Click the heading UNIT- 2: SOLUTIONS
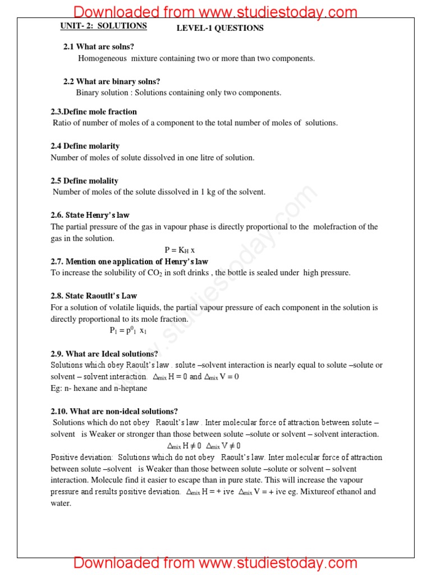tap(104, 26)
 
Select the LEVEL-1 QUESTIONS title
tap(220, 28)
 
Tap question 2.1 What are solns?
tap(98, 47)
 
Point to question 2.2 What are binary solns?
tap(111, 81)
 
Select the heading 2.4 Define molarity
tap(85, 146)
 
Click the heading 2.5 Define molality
tap(84, 181)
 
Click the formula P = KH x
tap(180, 250)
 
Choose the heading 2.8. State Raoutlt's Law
tap(94, 296)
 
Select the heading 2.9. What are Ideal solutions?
tap(104, 354)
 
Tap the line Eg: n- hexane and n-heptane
tap(99, 388)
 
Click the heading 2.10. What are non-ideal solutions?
tap(114, 411)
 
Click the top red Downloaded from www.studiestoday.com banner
tap(215, 11)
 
